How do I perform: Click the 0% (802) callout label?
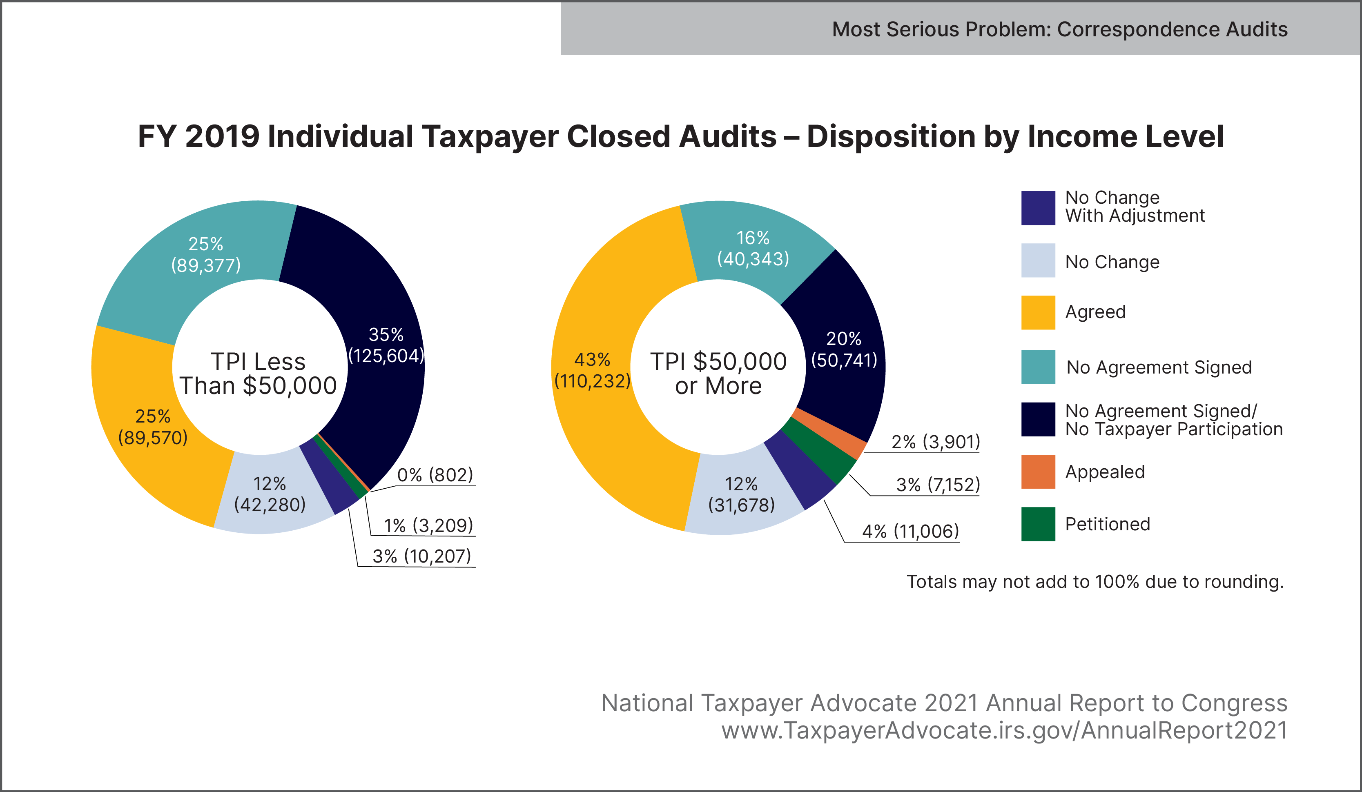pos(435,475)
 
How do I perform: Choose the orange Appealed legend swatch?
pos(1038,472)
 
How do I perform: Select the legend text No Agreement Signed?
pos(1159,367)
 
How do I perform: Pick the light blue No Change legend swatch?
pos(1038,260)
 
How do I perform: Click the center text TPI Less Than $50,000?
pos(259,374)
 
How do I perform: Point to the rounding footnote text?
pos(1095,582)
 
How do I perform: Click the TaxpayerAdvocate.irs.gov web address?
pos(1004,730)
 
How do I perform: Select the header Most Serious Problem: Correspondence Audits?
pos(1059,29)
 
